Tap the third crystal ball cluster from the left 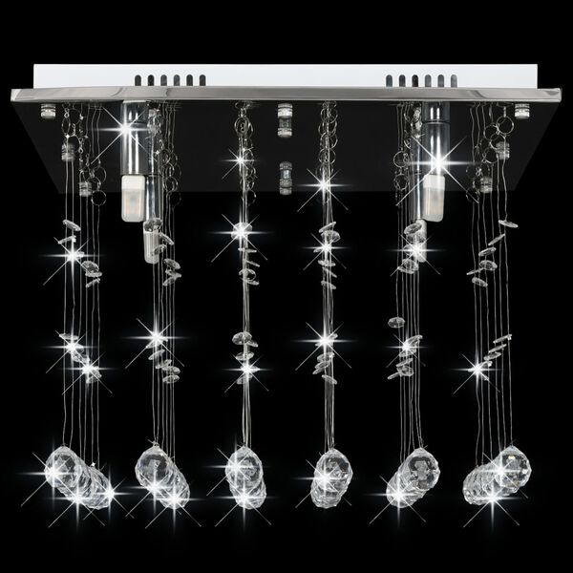tap(244, 473)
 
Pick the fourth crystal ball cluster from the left tap(329, 475)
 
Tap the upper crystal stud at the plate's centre tap(284, 120)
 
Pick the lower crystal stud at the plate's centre tap(284, 177)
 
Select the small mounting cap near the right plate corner tap(521, 113)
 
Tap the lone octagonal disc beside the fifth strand tap(395, 322)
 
